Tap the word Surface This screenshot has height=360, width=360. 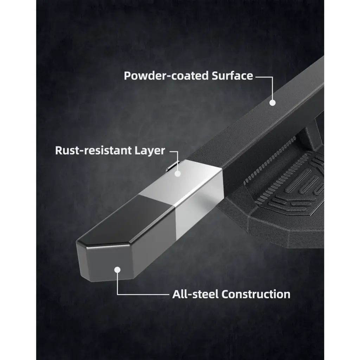point(232,76)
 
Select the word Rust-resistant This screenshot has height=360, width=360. point(93,150)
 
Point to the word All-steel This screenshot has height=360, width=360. point(195,294)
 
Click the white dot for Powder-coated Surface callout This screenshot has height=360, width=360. point(272,103)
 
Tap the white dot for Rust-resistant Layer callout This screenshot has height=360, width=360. point(178,174)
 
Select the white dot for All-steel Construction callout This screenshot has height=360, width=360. point(117,270)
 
